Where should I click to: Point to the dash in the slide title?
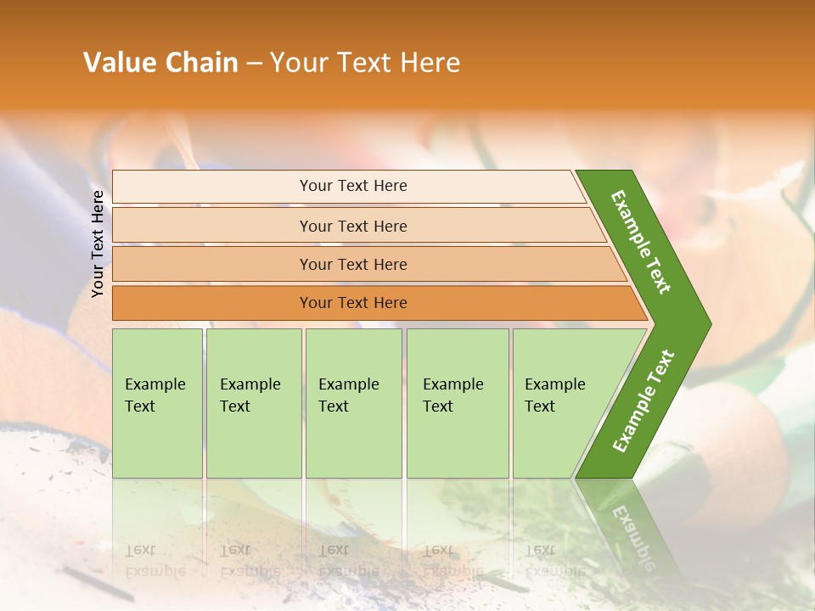[x=254, y=64]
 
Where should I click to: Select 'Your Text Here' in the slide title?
[x=365, y=63]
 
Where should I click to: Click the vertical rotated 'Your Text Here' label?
[x=98, y=244]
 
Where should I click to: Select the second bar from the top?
[x=353, y=226]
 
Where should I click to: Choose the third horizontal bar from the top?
[x=353, y=264]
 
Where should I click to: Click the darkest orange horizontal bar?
[x=353, y=303]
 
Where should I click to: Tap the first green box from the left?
[x=157, y=403]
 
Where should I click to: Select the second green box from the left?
[x=253, y=403]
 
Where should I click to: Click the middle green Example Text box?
[x=353, y=403]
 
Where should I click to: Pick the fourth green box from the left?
[x=457, y=403]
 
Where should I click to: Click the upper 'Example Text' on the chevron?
[x=642, y=242]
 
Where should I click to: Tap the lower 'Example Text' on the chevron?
[x=644, y=401]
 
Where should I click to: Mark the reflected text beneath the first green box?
[x=155, y=560]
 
